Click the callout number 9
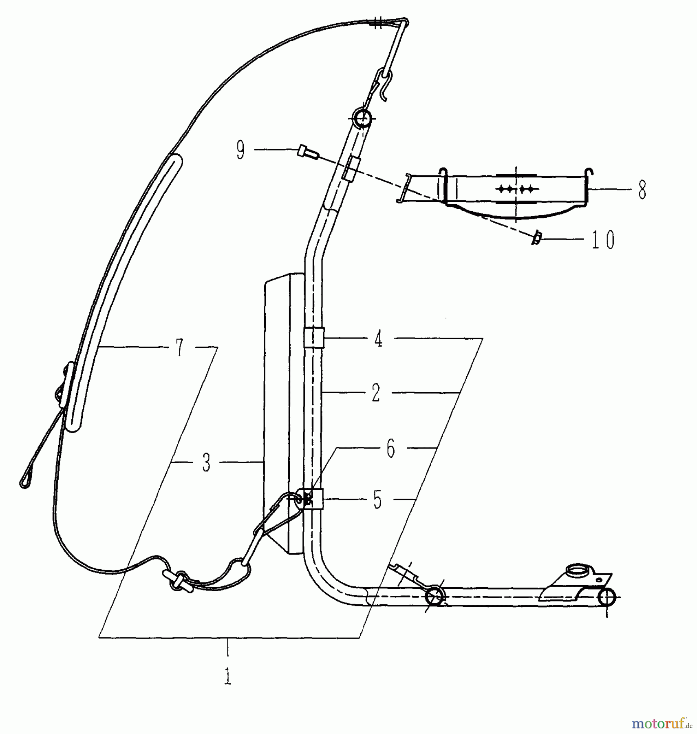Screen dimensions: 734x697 [240, 150]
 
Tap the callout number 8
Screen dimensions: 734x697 [642, 190]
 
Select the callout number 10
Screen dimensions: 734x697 [602, 239]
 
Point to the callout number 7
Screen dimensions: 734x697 [180, 348]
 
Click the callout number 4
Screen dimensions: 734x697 [379, 338]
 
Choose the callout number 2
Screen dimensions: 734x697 [376, 393]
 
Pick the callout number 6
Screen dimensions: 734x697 [390, 449]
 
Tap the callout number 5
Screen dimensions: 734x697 [377, 499]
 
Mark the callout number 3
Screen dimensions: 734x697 [206, 463]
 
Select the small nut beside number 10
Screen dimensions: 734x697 [537, 237]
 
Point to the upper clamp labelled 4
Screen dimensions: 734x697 [314, 337]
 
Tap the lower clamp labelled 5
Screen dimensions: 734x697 [313, 499]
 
